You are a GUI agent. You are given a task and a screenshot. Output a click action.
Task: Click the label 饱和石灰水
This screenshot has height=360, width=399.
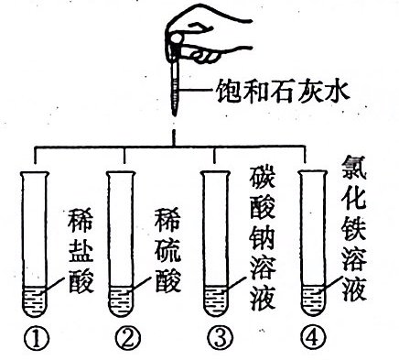pyautogui.click(x=282, y=91)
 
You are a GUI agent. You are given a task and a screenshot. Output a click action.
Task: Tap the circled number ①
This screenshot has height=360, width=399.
pyautogui.click(x=37, y=338)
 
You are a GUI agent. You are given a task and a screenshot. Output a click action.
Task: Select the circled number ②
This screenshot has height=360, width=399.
pyautogui.click(x=128, y=338)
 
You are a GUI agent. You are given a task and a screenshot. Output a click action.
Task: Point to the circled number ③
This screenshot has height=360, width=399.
pyautogui.click(x=221, y=338)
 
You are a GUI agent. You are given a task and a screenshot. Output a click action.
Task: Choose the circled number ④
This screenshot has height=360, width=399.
pyautogui.click(x=313, y=338)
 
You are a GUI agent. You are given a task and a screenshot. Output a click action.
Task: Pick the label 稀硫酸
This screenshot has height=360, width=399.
pyautogui.click(x=167, y=250)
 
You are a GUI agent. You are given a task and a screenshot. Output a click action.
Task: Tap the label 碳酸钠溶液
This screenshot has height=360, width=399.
pyautogui.click(x=263, y=239)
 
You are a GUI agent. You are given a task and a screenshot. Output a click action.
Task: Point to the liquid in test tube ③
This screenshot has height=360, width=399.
pyautogui.click(x=216, y=301)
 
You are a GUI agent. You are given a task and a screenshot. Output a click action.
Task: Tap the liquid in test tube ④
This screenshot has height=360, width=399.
pyautogui.click(x=312, y=300)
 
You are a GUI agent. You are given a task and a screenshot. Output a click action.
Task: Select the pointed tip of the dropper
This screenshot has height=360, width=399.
pyautogui.click(x=174, y=115)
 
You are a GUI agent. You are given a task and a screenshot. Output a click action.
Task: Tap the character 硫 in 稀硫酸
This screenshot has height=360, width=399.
pyautogui.click(x=167, y=250)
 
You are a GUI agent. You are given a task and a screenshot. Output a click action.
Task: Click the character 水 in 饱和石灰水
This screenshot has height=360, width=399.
pyautogui.click(x=336, y=91)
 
